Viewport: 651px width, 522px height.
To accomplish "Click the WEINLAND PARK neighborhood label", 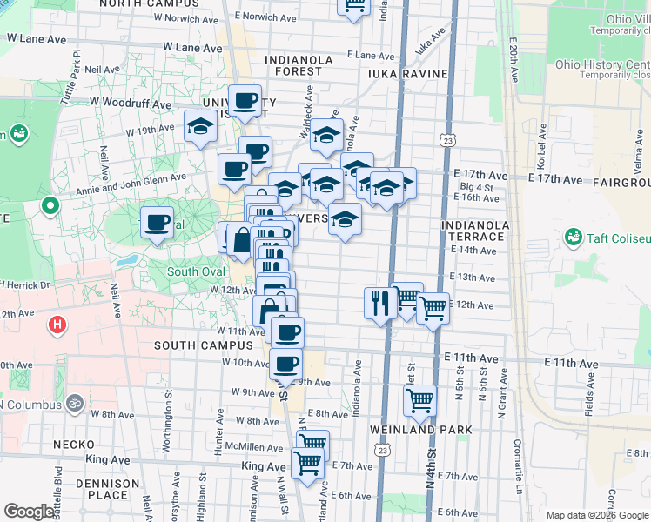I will point(420,430).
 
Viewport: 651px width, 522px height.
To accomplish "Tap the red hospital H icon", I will point(57,325).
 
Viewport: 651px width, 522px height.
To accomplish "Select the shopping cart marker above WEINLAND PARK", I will point(420,400).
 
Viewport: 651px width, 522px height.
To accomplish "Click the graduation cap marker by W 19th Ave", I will point(200,126).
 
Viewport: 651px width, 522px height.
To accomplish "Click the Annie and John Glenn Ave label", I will point(131,178).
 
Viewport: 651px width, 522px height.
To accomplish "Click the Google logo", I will point(29,512).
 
